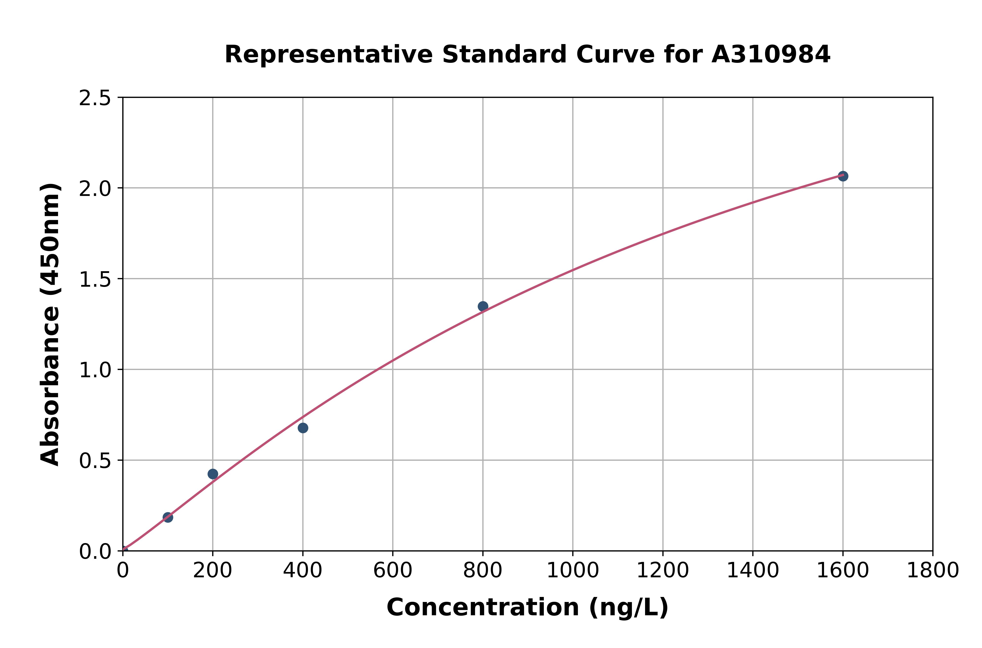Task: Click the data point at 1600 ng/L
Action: (843, 176)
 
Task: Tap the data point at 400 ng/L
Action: (302, 428)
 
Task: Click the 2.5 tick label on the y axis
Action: (95, 98)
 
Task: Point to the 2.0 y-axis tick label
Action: (95, 189)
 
